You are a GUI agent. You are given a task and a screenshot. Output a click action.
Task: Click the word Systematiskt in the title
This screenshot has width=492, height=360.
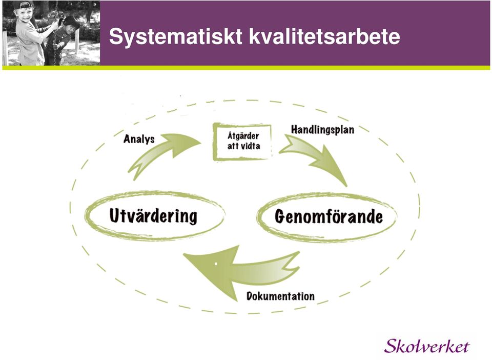tap(176, 37)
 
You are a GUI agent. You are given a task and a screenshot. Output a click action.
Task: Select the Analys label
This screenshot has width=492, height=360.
tap(139, 139)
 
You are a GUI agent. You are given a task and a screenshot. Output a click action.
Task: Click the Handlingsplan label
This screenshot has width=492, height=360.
tap(322, 130)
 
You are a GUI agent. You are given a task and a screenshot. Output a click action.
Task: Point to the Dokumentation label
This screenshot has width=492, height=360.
tap(280, 296)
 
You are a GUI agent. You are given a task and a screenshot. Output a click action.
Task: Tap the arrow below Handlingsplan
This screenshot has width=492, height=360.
tap(317, 157)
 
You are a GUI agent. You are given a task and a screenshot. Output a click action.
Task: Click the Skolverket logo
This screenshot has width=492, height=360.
tap(427, 346)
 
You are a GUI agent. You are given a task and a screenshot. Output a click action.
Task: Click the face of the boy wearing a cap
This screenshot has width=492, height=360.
tap(24, 14)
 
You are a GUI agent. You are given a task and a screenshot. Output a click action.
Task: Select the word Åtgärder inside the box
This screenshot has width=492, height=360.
tap(243, 135)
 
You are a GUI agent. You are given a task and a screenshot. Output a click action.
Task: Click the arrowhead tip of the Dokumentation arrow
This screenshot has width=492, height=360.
tap(183, 254)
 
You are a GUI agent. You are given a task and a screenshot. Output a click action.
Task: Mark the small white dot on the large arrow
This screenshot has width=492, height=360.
tap(216, 264)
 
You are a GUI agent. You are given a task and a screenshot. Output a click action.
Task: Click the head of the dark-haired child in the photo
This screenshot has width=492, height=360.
tap(71, 25)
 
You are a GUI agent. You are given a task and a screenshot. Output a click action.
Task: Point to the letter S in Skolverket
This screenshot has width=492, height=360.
tap(391, 346)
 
